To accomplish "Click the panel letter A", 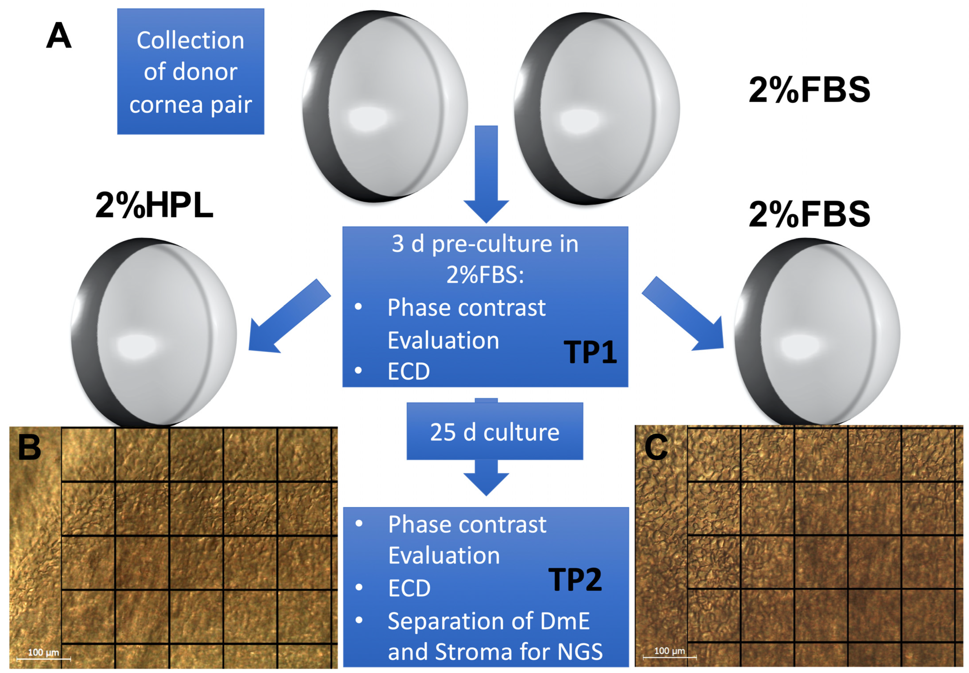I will tap(59, 36).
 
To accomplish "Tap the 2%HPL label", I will tap(154, 205).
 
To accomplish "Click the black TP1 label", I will tap(590, 352).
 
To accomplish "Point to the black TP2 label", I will tap(575, 580).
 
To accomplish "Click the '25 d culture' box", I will tap(494, 431).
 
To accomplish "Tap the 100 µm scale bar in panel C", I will tap(670, 655).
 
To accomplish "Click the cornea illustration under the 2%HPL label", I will tap(154, 333).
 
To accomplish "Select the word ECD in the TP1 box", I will tap(408, 371).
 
